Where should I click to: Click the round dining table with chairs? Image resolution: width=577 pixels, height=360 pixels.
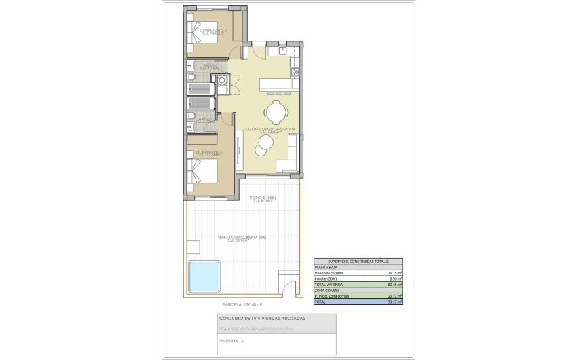pyautogui.click(x=275, y=110)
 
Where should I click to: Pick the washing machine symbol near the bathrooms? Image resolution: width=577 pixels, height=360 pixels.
pyautogui.click(x=222, y=82)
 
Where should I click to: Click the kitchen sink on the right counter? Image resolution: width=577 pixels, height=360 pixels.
pyautogui.click(x=295, y=72)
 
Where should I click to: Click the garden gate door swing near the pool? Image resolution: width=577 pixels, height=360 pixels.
pyautogui.click(x=291, y=288)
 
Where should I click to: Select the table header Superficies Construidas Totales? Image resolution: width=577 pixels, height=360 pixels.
pyautogui.click(x=358, y=262)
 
